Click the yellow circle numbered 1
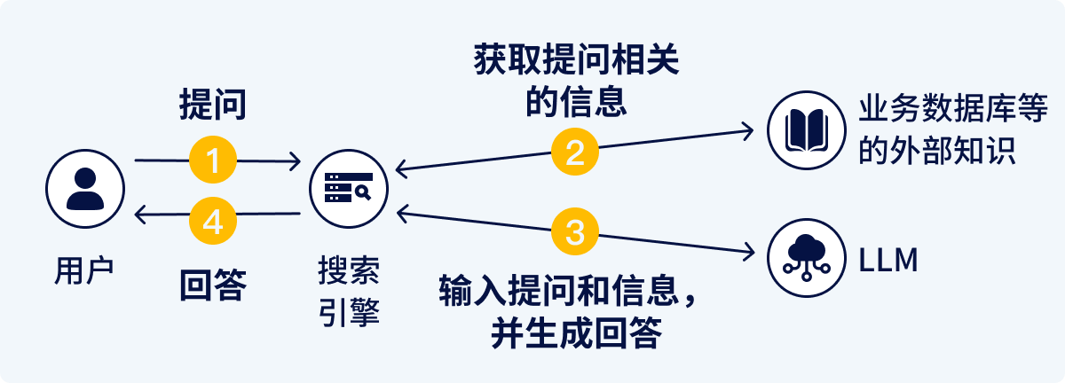pyautogui.click(x=213, y=160)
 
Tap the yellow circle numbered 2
pyautogui.click(x=575, y=152)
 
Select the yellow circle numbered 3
pyautogui.click(x=575, y=232)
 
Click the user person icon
pyautogui.click(x=84, y=188)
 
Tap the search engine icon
pyautogui.click(x=347, y=188)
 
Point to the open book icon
pyautogui.click(x=805, y=130)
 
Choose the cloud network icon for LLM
pyautogui.click(x=805, y=257)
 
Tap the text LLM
pyautogui.click(x=887, y=260)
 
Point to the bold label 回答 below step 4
pyautogui.click(x=212, y=285)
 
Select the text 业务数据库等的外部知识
pyautogui.click(x=935, y=130)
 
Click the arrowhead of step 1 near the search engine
pyautogui.click(x=296, y=161)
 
